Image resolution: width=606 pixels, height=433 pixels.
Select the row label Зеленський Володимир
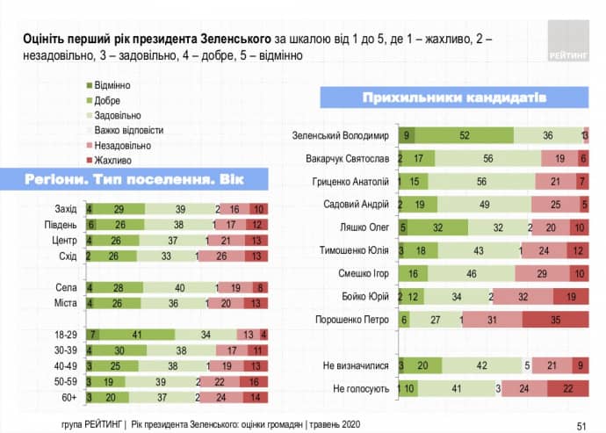coord(340,135)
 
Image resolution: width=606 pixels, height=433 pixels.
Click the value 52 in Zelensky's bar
coord(464,135)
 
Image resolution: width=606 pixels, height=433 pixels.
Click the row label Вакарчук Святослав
coord(343,158)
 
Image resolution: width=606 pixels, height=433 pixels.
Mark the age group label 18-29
coord(65,336)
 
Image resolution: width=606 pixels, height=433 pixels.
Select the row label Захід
coord(66,209)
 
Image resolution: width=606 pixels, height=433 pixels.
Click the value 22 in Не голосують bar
coord(567,388)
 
